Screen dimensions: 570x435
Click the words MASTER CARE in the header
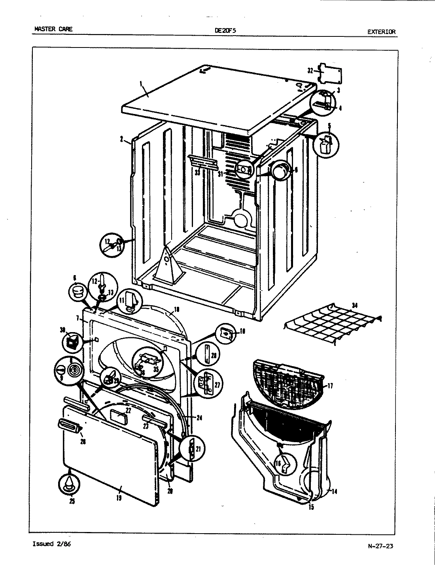pyautogui.click(x=53, y=29)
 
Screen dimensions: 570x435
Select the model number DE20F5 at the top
pyautogui.click(x=225, y=29)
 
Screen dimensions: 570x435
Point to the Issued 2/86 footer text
pyautogui.click(x=51, y=544)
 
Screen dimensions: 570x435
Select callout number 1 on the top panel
pyautogui.click(x=141, y=84)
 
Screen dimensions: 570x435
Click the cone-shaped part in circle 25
pyautogui.click(x=69, y=483)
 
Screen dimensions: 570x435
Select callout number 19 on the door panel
pyautogui.click(x=119, y=498)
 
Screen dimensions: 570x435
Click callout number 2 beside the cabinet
pyautogui.click(x=122, y=139)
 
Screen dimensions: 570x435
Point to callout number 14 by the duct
pyautogui.click(x=334, y=492)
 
